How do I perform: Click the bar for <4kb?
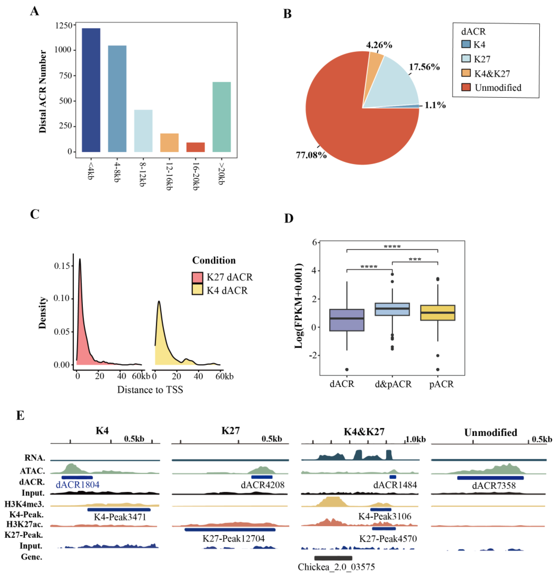(91, 90)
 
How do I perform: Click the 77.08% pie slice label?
(311, 155)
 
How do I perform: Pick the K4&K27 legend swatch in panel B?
(466, 73)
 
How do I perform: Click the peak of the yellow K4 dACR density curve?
(159, 301)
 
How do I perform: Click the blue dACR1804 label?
(77, 485)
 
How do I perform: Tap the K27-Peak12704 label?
(233, 539)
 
